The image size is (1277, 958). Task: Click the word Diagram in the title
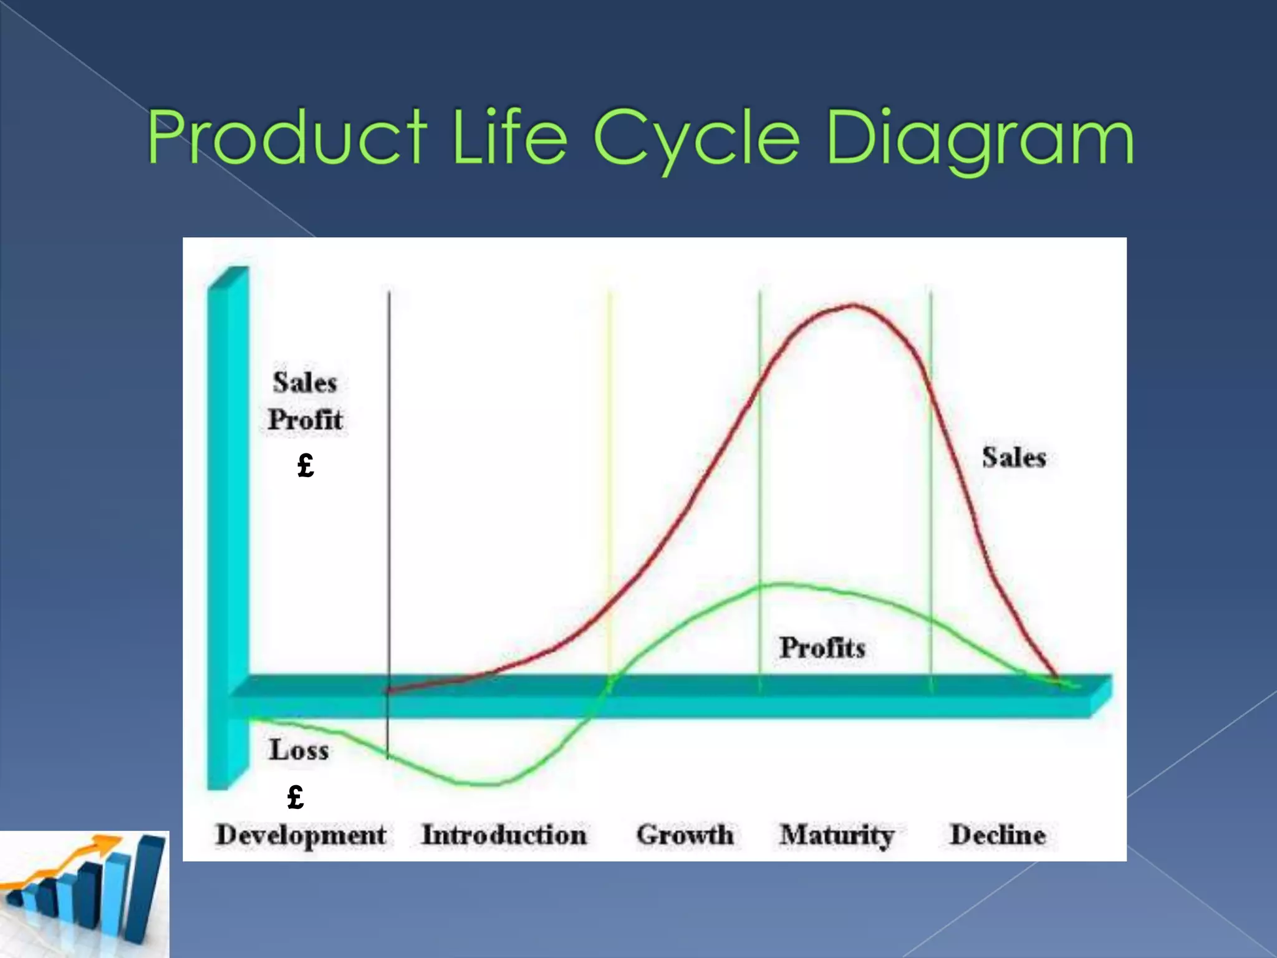click(979, 138)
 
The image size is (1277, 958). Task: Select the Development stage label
click(301, 836)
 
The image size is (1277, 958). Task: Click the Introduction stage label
click(504, 835)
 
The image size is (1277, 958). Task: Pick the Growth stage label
click(685, 835)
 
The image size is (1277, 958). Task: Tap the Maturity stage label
click(837, 835)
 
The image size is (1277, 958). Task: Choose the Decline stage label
click(997, 835)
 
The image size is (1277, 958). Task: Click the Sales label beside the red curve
click(1014, 457)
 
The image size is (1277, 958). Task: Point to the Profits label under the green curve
click(822, 647)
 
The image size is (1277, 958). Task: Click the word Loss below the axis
click(299, 750)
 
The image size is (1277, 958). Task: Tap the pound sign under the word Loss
click(296, 797)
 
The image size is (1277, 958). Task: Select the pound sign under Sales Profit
click(306, 465)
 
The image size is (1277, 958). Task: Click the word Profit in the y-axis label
click(305, 420)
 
